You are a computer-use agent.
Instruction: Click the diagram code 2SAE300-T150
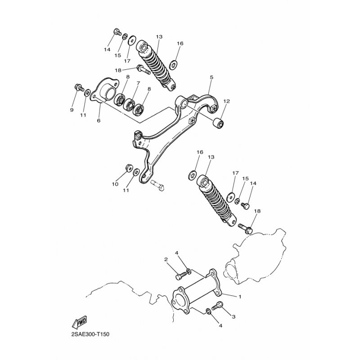click(x=90, y=334)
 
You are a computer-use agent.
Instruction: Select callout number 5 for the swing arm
click(x=211, y=77)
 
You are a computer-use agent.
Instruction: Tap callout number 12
click(x=227, y=101)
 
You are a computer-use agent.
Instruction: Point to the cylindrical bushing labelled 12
click(x=219, y=123)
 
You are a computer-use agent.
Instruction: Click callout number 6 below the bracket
click(x=99, y=121)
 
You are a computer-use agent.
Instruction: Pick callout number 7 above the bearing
click(x=138, y=83)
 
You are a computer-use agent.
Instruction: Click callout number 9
click(x=72, y=110)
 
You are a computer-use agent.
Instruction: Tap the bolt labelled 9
click(x=80, y=88)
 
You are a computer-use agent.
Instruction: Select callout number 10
click(x=115, y=184)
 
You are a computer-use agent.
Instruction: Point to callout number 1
click(x=240, y=297)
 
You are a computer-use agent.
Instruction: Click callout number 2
click(x=166, y=260)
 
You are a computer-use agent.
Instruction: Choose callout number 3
click(x=234, y=317)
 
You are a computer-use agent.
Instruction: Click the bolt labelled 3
click(x=217, y=306)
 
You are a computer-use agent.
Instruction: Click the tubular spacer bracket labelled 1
click(x=197, y=290)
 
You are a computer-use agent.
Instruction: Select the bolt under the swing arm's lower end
click(x=158, y=185)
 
